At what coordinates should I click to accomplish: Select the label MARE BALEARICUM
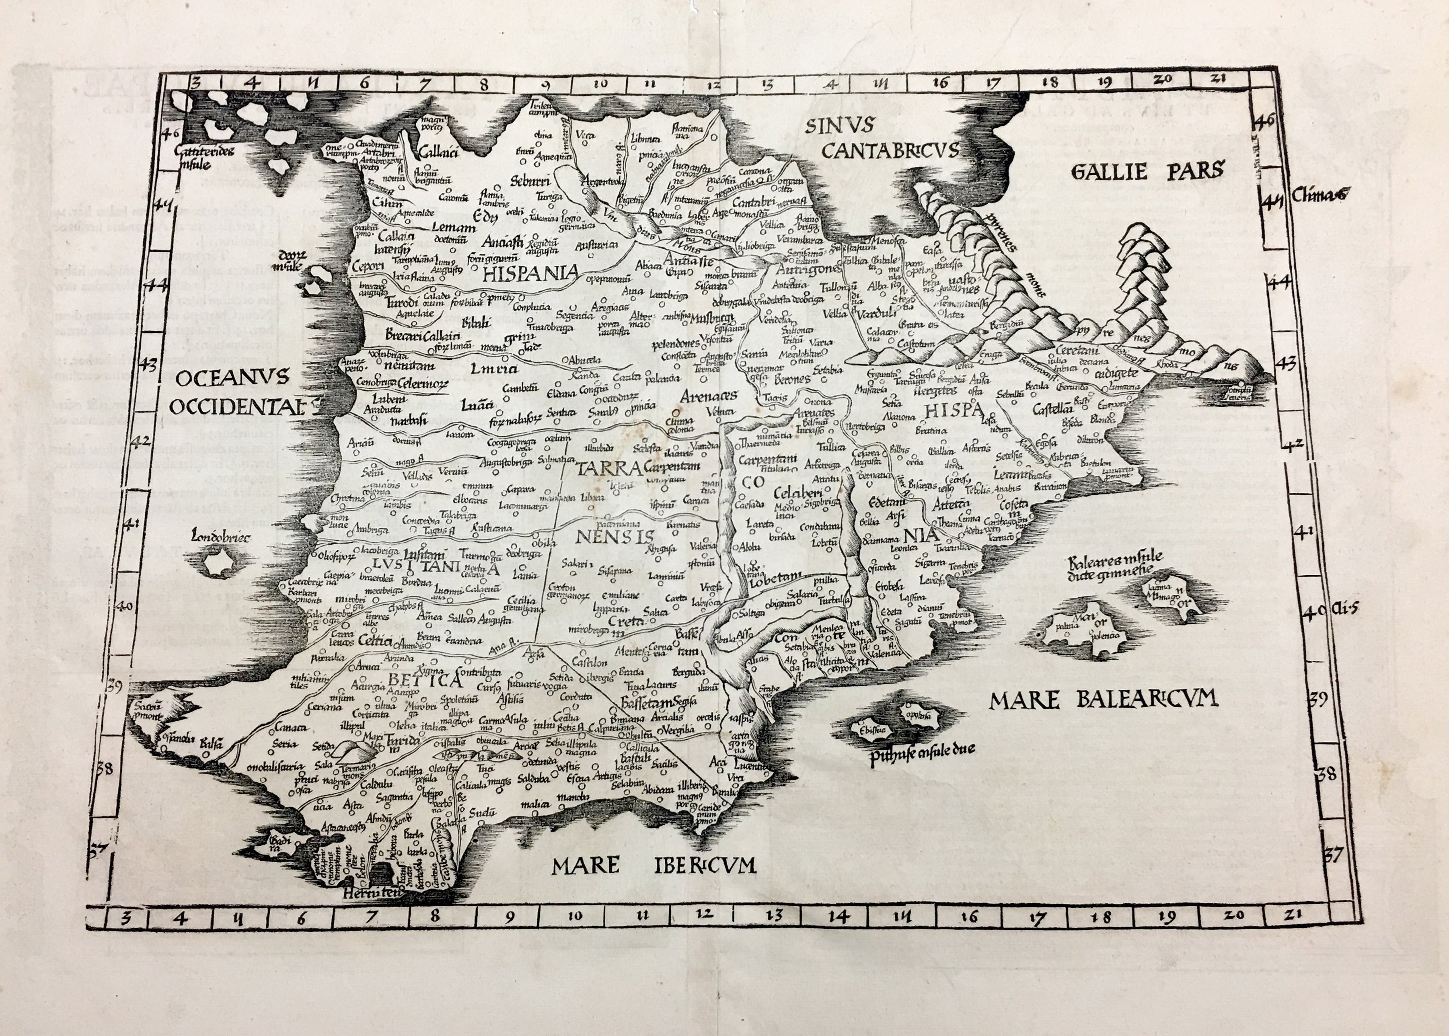click(1103, 700)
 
